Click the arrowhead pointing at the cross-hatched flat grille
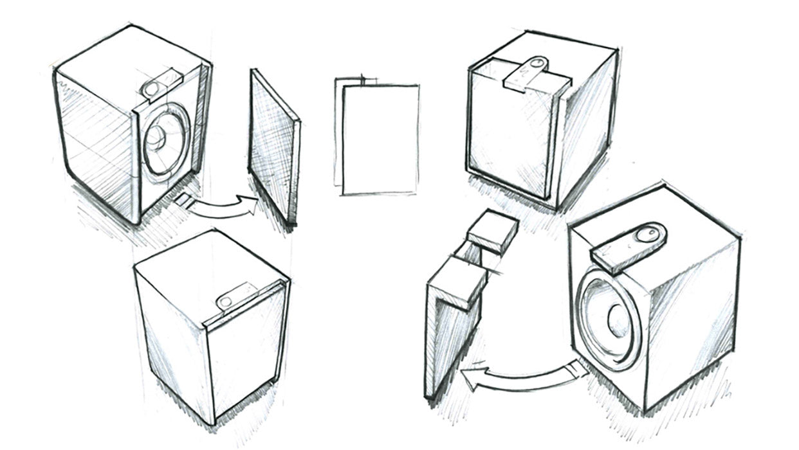pos(248,205)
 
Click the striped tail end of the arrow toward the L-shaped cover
pos(577,370)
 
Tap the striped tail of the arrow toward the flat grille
pos(184,203)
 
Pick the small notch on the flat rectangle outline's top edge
pos(363,80)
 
